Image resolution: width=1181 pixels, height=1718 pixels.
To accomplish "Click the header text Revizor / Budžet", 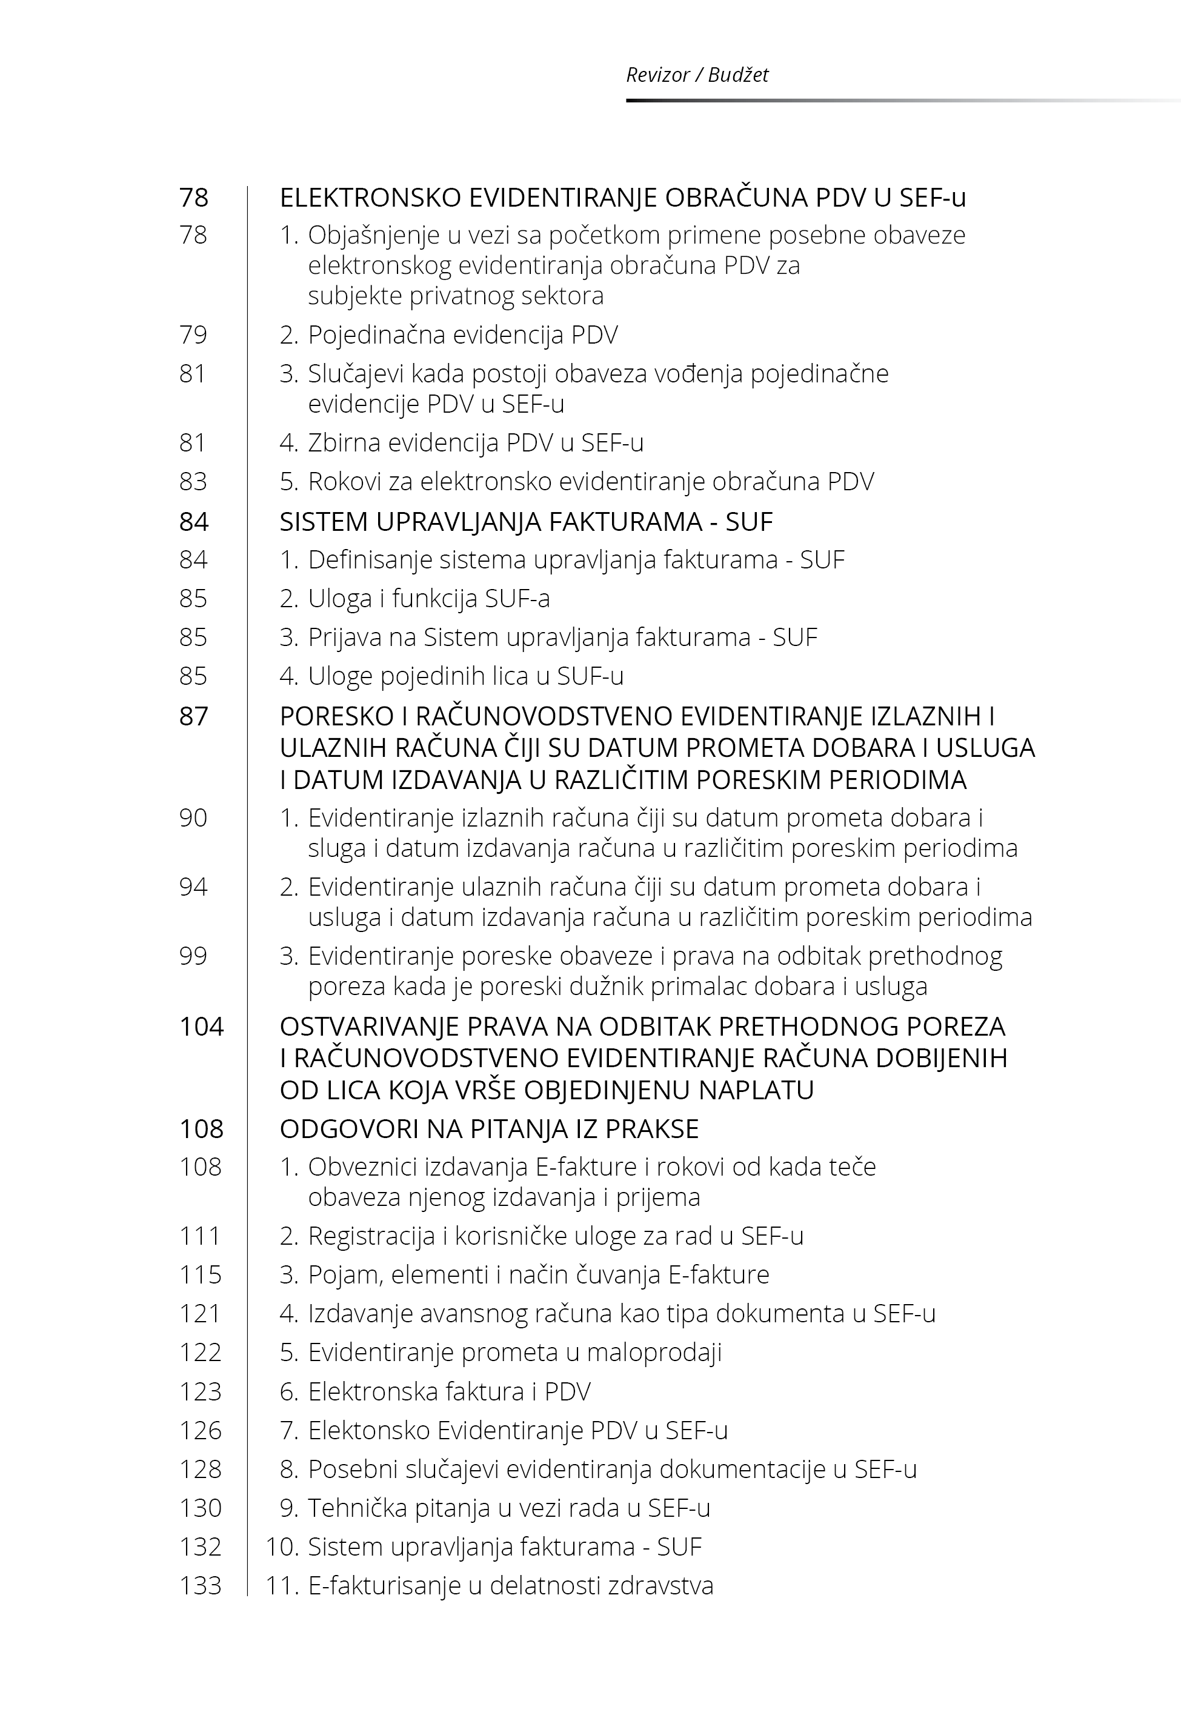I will (x=696, y=75).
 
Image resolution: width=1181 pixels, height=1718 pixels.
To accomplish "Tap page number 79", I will (x=193, y=335).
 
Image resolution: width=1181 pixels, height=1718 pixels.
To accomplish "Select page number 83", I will (x=193, y=482).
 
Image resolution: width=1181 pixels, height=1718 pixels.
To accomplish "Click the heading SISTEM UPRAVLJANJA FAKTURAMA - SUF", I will (x=525, y=522).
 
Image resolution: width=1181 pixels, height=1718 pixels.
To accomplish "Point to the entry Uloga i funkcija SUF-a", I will (x=428, y=599).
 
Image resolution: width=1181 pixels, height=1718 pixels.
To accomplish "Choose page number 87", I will (x=194, y=717).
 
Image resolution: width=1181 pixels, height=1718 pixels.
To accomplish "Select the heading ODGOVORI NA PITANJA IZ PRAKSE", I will (x=488, y=1129).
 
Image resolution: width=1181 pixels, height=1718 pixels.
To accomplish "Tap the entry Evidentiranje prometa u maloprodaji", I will (x=514, y=1353).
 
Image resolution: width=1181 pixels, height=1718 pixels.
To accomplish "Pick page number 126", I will (x=201, y=1430).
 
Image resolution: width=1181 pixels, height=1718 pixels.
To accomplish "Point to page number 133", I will (x=201, y=1585).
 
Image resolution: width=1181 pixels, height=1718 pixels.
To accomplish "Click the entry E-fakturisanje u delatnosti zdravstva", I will (x=510, y=1585).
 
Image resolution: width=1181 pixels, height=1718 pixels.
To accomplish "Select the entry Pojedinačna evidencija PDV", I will (x=462, y=335).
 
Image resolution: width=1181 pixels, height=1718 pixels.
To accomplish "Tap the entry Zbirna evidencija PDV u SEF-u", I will (x=475, y=443).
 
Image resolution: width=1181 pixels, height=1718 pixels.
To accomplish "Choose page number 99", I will (x=193, y=956).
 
